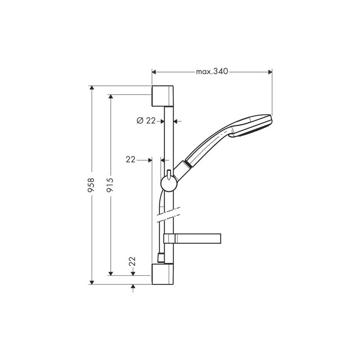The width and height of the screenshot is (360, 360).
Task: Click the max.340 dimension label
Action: click(x=212, y=72)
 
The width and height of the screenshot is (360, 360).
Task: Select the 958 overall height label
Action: click(x=92, y=185)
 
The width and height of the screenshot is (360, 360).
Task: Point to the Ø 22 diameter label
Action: click(x=145, y=121)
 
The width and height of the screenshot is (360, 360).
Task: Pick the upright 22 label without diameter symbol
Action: click(x=131, y=159)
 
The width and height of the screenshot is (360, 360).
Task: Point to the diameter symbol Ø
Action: click(x=139, y=121)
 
